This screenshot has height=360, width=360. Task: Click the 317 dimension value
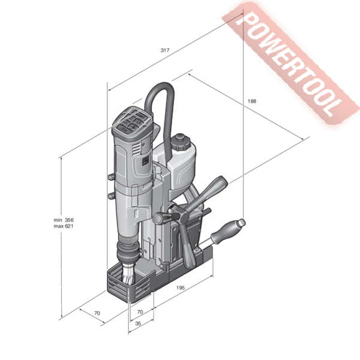coord(165,50)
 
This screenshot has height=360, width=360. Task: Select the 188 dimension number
coord(251,101)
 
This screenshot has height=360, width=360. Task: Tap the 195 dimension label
coord(181,287)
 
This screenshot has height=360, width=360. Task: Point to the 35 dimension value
coord(138,323)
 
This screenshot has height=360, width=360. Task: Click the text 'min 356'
coord(64,220)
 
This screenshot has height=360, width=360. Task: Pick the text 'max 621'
coord(64,226)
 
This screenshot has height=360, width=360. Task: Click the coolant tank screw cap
coord(180,142)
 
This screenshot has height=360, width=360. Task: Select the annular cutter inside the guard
coord(128,274)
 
